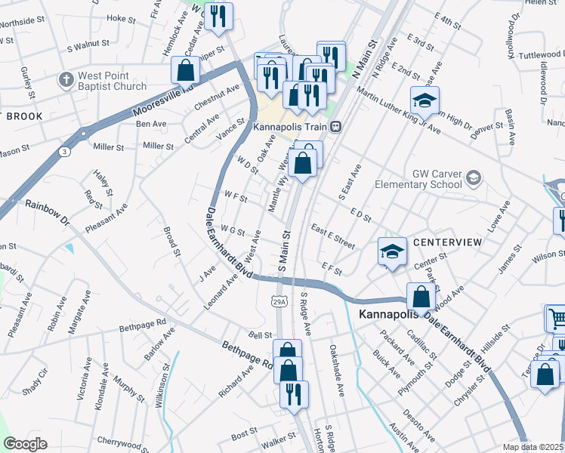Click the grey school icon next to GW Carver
tap(473, 178)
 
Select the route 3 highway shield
tap(66, 152)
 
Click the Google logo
tap(25, 443)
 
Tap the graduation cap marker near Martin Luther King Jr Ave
tap(425, 100)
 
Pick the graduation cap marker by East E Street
tap(391, 251)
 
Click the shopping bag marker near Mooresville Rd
tap(185, 71)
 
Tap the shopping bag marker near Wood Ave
tap(421, 297)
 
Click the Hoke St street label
tap(122, 17)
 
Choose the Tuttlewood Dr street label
tap(542, 55)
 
